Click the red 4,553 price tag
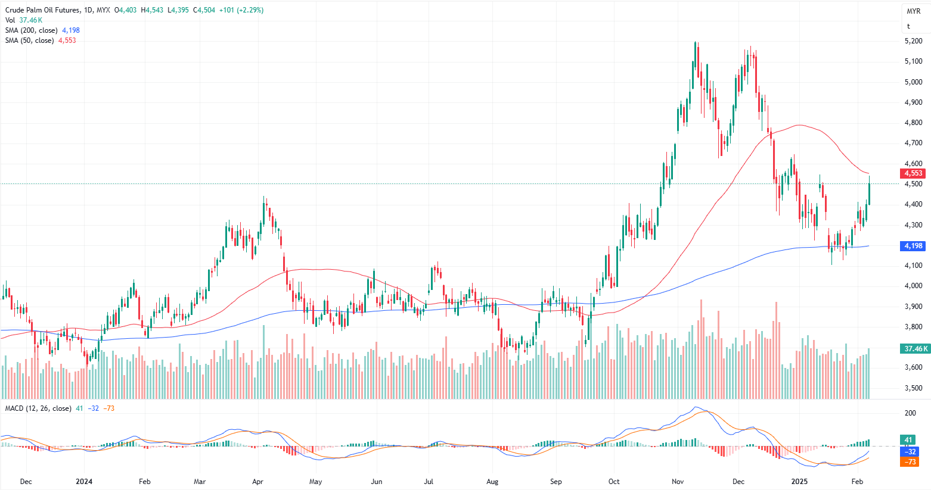pyautogui.click(x=913, y=173)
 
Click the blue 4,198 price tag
pyautogui.click(x=913, y=246)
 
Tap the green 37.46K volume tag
pyautogui.click(x=916, y=349)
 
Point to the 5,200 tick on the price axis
pyautogui.click(x=913, y=41)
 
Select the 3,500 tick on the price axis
pyautogui.click(x=913, y=388)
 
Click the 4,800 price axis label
pyautogui.click(x=913, y=123)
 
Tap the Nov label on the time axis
pyautogui.click(x=677, y=481)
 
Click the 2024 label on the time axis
pyautogui.click(x=85, y=481)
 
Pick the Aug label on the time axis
pyautogui.click(x=492, y=481)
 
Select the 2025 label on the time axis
pyautogui.click(x=799, y=481)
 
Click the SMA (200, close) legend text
pyautogui.click(x=32, y=30)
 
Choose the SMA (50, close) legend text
pyautogui.click(x=30, y=40)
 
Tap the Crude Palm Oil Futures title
pyautogui.click(x=42, y=10)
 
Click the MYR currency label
pyautogui.click(x=913, y=11)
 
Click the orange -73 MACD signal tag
pyautogui.click(x=910, y=462)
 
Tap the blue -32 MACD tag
pyautogui.click(x=910, y=451)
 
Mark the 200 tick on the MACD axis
pyautogui.click(x=910, y=413)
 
